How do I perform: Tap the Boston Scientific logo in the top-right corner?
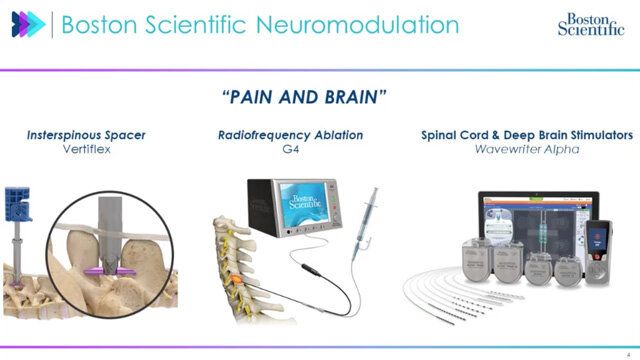588,23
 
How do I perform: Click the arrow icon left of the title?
28,25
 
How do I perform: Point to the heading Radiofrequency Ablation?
290,133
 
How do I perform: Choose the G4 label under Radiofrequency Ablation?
290,148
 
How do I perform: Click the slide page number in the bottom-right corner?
627,341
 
